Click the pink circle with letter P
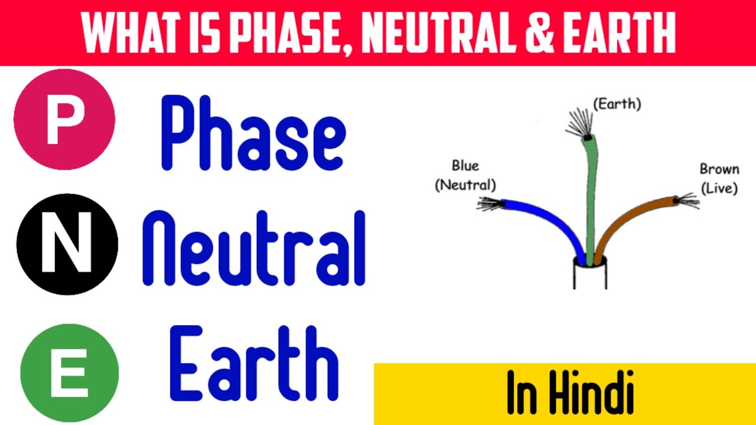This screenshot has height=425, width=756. click(x=64, y=119)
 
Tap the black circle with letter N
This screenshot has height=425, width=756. click(x=67, y=244)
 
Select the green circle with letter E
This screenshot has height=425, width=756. click(x=69, y=373)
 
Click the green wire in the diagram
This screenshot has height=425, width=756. click(x=591, y=195)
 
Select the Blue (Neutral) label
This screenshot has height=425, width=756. click(x=465, y=175)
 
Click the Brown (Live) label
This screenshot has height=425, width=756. click(x=719, y=178)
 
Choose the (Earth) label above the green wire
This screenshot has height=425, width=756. click(x=617, y=104)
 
